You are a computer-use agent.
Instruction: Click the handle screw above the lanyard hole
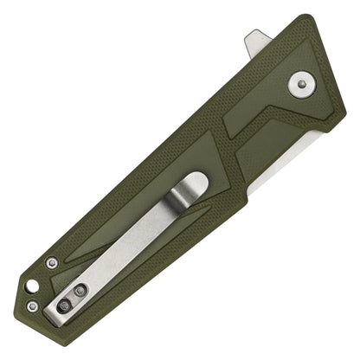point(53,261)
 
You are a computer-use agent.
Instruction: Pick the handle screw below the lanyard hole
point(33,305)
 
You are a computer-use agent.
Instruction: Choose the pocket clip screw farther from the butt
point(83,291)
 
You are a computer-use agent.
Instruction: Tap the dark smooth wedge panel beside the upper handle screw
point(87,251)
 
